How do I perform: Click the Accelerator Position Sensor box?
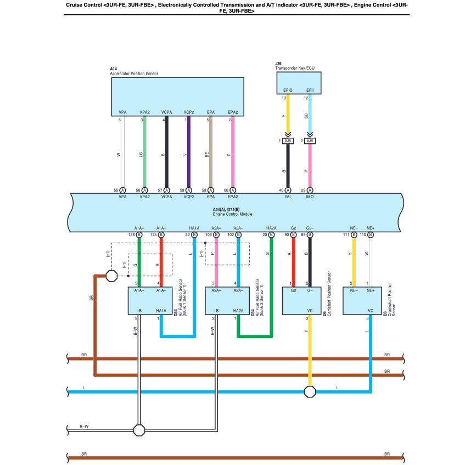177,96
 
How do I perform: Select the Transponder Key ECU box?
298,83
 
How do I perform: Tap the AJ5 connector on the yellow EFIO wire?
288,141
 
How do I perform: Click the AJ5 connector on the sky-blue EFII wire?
310,141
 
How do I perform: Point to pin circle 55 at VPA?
122,190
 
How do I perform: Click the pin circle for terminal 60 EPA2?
233,190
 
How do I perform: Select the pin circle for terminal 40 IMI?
288,190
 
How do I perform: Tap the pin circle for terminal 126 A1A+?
139,234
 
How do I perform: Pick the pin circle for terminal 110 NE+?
371,234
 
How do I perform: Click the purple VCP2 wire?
188,154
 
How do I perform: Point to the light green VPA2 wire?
144,154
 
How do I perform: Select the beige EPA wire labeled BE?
211,154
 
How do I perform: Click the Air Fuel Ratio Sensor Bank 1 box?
150,301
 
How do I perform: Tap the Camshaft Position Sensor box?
301,301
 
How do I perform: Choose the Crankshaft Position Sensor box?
362,301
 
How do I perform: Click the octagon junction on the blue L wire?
310,391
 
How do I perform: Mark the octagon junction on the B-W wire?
139,429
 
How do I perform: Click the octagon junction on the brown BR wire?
111,276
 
